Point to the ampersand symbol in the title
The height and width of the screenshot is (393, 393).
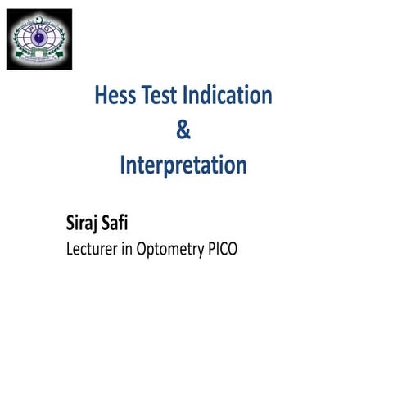pos(183,131)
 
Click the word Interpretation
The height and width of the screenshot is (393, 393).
pos(183,166)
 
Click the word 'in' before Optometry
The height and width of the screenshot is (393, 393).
pos(133,250)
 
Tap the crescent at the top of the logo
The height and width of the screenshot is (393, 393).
pos(39,17)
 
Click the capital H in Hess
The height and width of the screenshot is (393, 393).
pos(102,96)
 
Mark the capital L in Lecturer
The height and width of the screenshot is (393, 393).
pos(69,250)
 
